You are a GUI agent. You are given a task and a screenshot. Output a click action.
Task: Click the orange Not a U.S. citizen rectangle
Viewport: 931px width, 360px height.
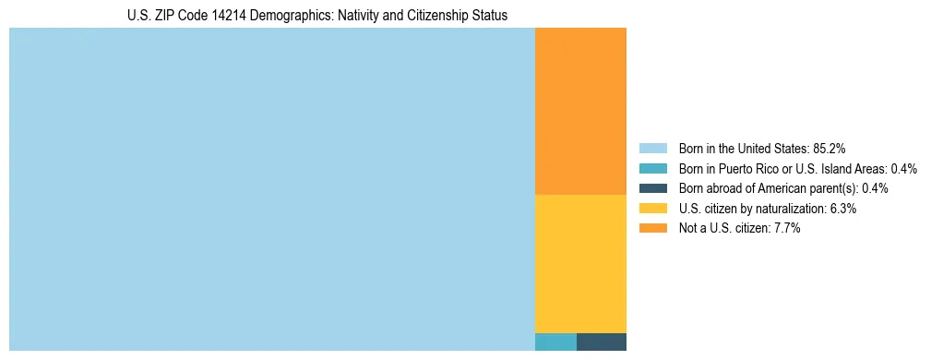tap(580, 111)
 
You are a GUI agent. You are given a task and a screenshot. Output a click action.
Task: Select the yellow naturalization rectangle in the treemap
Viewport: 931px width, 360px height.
tap(580, 263)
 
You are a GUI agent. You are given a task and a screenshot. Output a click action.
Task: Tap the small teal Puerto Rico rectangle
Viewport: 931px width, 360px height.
tap(555, 342)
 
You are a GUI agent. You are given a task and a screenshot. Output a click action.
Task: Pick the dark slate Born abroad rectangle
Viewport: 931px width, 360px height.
tap(602, 342)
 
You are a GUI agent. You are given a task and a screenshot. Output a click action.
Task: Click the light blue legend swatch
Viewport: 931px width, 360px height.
tap(652, 148)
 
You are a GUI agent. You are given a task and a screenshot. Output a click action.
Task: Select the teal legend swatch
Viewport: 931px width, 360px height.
tap(652, 168)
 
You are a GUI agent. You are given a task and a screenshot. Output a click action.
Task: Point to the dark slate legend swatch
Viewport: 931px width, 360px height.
tap(652, 188)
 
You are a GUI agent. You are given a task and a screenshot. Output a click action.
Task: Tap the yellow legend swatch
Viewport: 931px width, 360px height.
tap(652, 209)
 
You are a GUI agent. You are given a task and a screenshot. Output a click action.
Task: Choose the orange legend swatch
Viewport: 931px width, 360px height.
tap(652, 228)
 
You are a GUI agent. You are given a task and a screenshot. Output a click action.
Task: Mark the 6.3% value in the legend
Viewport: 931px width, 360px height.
tap(841, 209)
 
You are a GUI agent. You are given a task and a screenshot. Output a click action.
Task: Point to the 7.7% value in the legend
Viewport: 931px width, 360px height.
tap(785, 228)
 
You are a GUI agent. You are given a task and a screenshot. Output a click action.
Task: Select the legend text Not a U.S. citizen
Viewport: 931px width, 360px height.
tap(721, 228)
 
